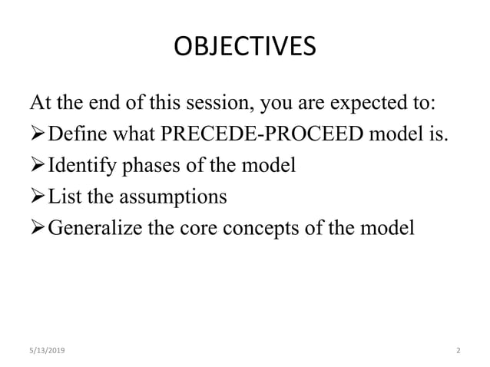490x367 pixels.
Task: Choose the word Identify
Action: point(80,166)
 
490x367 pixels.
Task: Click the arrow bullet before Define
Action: point(36,135)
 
